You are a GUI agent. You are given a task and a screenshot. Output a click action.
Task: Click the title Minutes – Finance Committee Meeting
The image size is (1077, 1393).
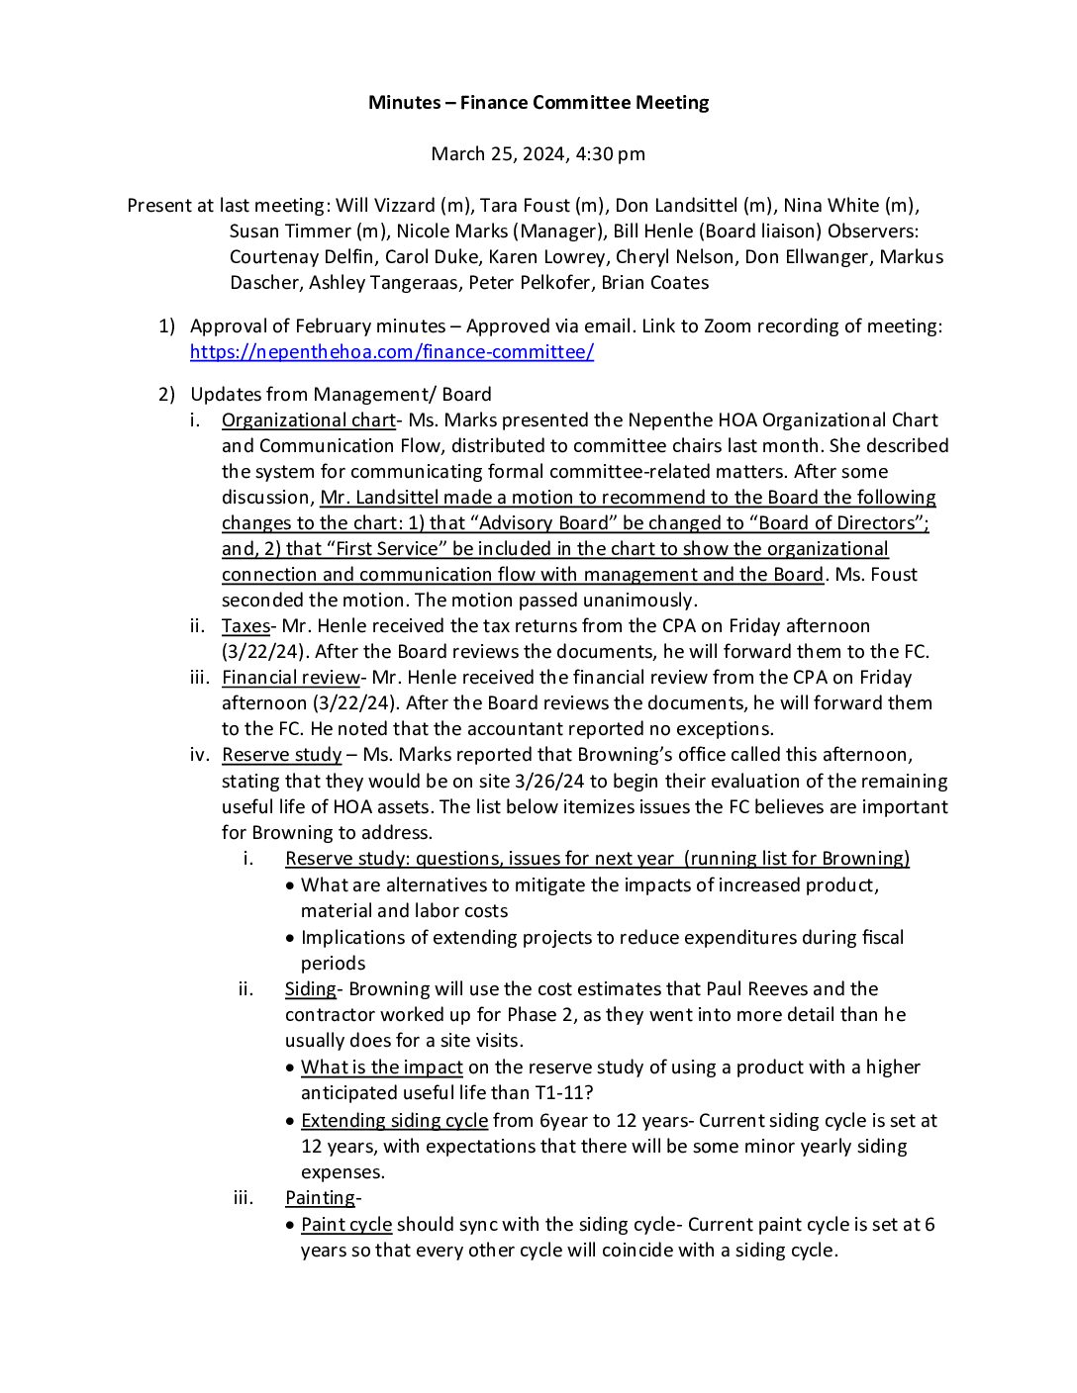tap(538, 102)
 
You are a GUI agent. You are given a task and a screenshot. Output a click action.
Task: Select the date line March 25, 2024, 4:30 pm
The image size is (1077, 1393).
tap(538, 153)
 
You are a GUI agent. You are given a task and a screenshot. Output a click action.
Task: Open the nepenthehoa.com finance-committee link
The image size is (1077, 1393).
tap(392, 352)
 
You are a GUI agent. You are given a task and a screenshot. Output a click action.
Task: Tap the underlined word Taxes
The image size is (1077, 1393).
tap(245, 625)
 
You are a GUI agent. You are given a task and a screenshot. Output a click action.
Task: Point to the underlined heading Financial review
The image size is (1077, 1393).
tap(290, 678)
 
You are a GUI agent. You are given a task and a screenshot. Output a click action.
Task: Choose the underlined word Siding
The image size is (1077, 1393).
tap(310, 988)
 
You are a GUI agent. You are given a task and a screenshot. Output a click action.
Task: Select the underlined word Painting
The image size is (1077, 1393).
tap(320, 1197)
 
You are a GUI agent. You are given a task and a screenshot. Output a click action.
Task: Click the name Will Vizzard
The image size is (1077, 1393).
tap(385, 206)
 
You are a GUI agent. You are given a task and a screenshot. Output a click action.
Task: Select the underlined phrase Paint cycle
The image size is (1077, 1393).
tap(346, 1224)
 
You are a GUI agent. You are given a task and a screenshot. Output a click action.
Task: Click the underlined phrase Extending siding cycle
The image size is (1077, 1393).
tap(394, 1120)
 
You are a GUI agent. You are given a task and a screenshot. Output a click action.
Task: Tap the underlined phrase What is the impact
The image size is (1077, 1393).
tap(381, 1067)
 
